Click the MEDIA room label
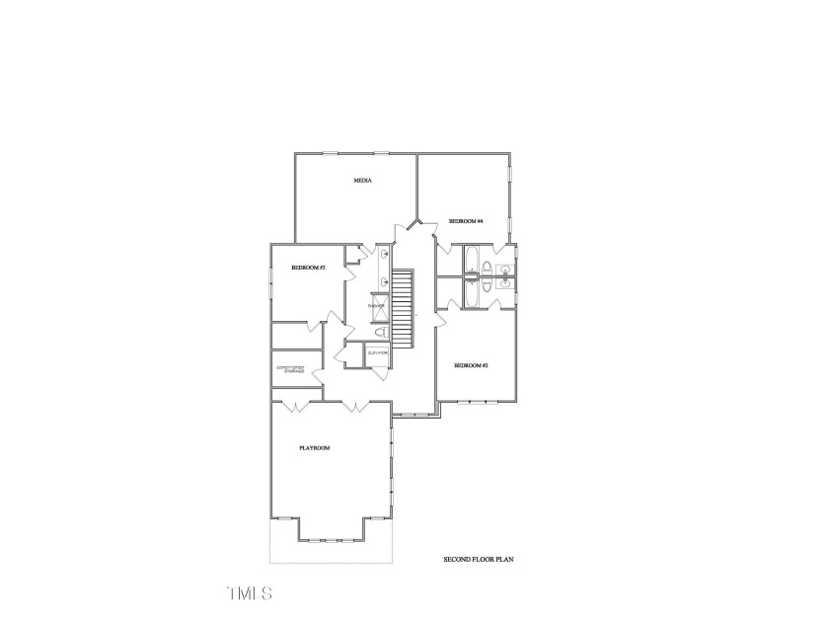click(362, 181)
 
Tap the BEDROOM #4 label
click(465, 221)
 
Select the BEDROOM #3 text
click(308, 269)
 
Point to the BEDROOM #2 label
click(471, 365)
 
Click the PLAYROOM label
click(314, 448)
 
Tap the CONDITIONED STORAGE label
click(289, 370)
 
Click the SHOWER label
click(376, 307)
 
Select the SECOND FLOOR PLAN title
click(479, 560)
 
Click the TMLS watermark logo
click(249, 593)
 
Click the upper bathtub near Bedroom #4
click(473, 261)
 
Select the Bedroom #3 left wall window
click(271, 286)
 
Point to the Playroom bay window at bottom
click(333, 540)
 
